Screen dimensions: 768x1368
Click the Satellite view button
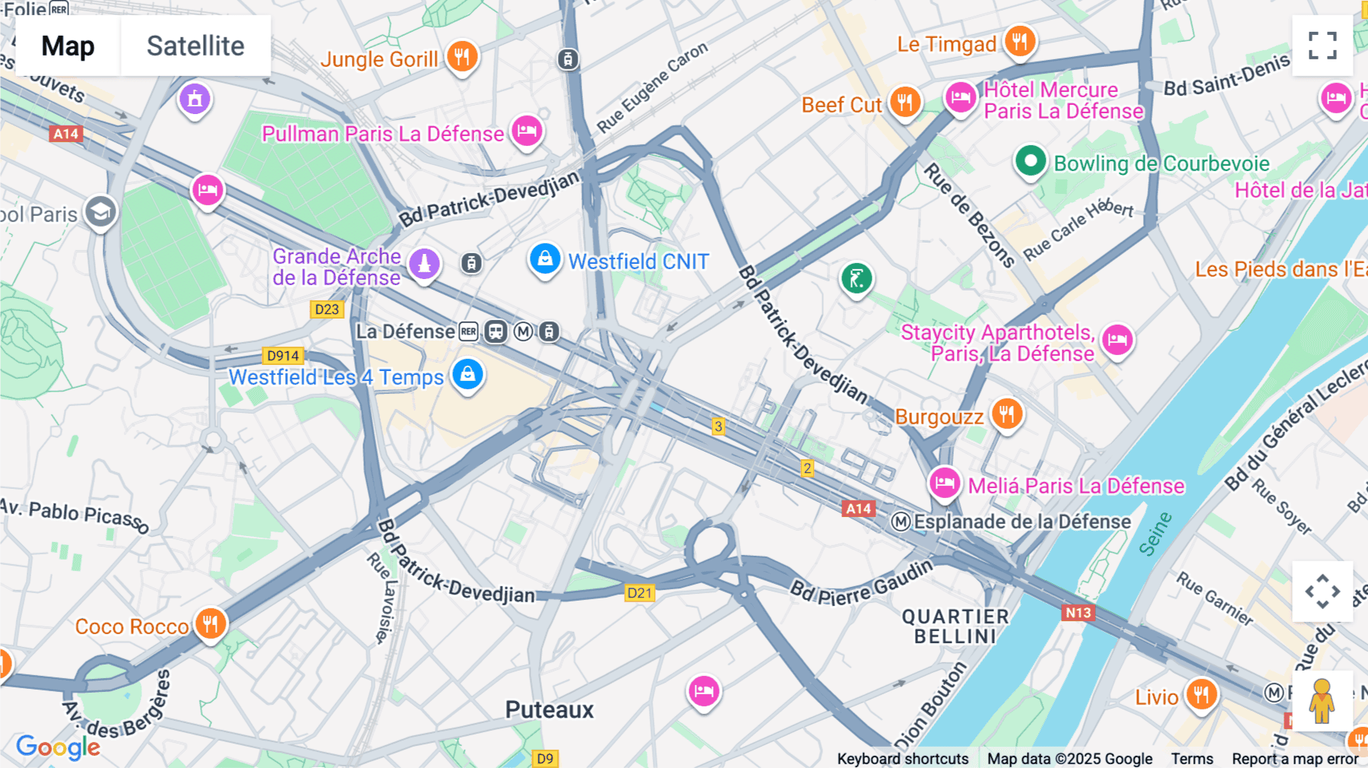tap(195, 46)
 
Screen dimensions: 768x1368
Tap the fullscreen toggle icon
tap(1322, 46)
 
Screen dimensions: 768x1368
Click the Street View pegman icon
tap(1322, 700)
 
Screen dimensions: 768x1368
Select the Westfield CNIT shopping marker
tap(545, 259)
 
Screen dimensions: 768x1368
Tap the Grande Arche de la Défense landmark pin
tap(424, 264)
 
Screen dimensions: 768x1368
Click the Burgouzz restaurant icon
tap(1007, 414)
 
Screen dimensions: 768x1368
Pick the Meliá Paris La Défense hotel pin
tap(945, 482)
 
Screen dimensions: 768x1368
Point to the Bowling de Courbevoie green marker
tap(1031, 161)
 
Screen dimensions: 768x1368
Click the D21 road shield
tap(640, 593)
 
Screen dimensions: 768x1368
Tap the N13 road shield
tap(1078, 613)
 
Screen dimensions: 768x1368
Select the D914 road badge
tap(283, 356)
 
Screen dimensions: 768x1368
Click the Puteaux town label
tap(549, 710)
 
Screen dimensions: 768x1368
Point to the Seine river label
tap(1155, 534)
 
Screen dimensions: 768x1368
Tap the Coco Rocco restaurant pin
tap(211, 624)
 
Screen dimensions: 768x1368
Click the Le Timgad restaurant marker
tap(1020, 41)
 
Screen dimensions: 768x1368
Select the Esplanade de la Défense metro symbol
tap(901, 522)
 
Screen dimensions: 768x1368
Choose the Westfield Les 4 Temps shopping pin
tap(467, 374)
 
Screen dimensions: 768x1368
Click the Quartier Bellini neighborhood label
tap(955, 627)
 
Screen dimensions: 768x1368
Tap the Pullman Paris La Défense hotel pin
tap(527, 132)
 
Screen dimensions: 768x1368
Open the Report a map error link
tap(1295, 759)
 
